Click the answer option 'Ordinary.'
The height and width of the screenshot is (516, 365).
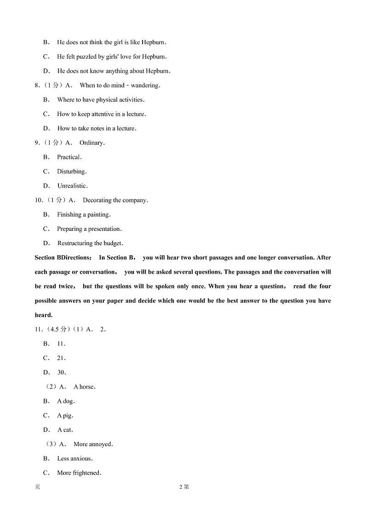[92, 143]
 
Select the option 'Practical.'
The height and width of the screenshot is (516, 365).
[69, 157]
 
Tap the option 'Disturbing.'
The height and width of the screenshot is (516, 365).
[72, 172]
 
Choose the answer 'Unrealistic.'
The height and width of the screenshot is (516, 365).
[72, 186]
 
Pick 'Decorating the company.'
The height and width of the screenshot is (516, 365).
[115, 200]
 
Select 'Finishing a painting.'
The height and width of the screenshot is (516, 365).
[84, 214]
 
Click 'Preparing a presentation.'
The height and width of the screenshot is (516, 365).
[89, 229]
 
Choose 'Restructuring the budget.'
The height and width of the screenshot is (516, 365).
[90, 243]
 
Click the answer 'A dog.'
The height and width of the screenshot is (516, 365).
[66, 401]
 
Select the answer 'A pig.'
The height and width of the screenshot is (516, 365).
[65, 415]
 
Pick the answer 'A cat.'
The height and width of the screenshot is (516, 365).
[65, 430]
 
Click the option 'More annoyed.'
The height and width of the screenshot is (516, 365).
[93, 444]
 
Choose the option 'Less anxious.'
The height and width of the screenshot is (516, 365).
[74, 459]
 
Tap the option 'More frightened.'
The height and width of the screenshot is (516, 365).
[79, 473]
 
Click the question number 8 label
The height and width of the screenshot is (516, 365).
[37, 85]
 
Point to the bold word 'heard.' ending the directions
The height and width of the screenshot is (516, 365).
[44, 315]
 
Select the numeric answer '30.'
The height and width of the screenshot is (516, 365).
[62, 372]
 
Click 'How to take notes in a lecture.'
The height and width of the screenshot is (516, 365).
[97, 128]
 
